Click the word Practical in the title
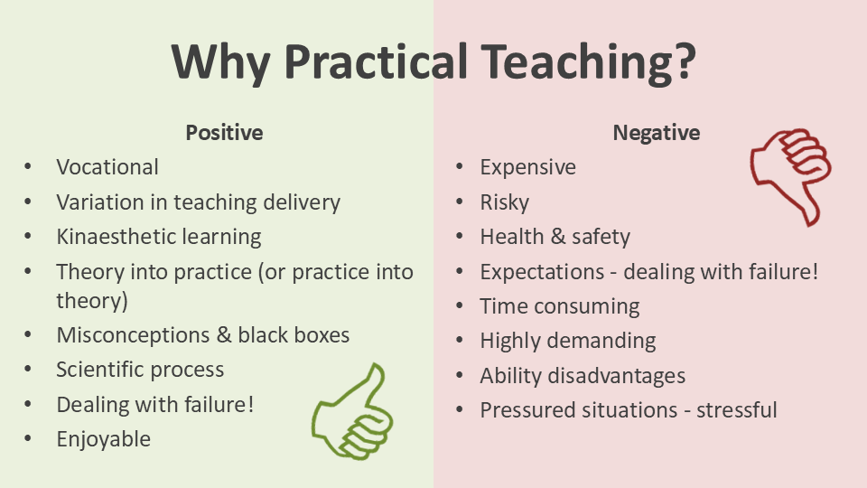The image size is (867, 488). pos(376,62)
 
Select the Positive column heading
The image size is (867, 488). pos(224,133)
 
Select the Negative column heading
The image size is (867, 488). pos(657,133)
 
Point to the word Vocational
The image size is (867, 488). pos(107,167)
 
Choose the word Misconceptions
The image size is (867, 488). pos(134,335)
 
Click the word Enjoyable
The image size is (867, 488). pos(103,439)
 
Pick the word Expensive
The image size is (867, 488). pos(528,168)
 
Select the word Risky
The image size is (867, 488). pos(504,202)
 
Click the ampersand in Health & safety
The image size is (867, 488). pos(558,237)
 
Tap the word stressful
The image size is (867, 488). pos(737,410)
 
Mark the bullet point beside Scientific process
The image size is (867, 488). pos(28,369)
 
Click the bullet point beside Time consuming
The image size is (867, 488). pos(459,306)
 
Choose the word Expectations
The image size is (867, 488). pos(542,272)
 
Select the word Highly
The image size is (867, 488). pos(509,341)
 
